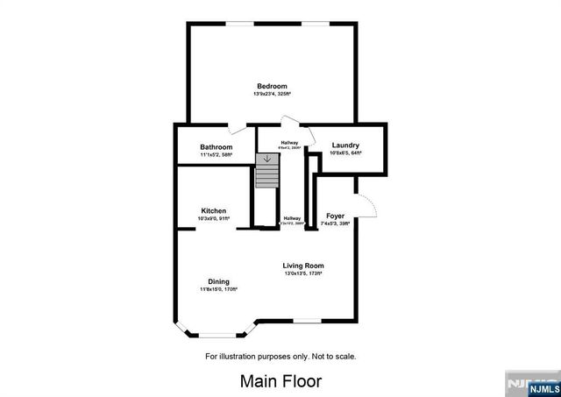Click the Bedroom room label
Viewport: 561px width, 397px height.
[273, 85]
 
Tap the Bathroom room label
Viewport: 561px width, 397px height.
[216, 146]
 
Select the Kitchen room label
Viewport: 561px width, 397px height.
[214, 210]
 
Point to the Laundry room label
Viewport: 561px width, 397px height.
[345, 145]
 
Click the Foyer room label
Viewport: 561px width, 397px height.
[336, 216]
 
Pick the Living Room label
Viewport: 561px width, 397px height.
[303, 266]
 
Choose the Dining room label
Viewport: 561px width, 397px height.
[218, 280]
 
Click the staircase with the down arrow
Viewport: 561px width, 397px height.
[266, 171]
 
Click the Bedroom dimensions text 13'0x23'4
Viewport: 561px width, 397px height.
[273, 93]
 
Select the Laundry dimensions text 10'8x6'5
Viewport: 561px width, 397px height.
[345, 152]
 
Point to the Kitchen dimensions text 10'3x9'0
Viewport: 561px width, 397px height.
[214, 218]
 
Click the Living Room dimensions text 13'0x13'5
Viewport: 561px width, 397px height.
[303, 273]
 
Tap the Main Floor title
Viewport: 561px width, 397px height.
[280, 381]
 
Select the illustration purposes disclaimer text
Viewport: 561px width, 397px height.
[280, 357]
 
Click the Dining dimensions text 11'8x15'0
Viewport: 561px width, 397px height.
[218, 288]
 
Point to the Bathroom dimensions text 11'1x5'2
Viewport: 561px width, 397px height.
[216, 154]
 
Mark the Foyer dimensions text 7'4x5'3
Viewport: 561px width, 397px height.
[336, 223]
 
